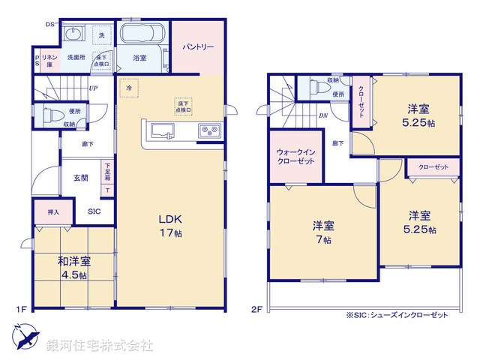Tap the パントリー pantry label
coord(198,47)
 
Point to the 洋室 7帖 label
coord(324,232)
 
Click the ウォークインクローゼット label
coord(294,155)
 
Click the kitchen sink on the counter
coord(162,131)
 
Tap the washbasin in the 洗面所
coord(73,34)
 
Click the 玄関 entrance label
coord(81,178)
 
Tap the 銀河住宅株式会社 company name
coord(100,346)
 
